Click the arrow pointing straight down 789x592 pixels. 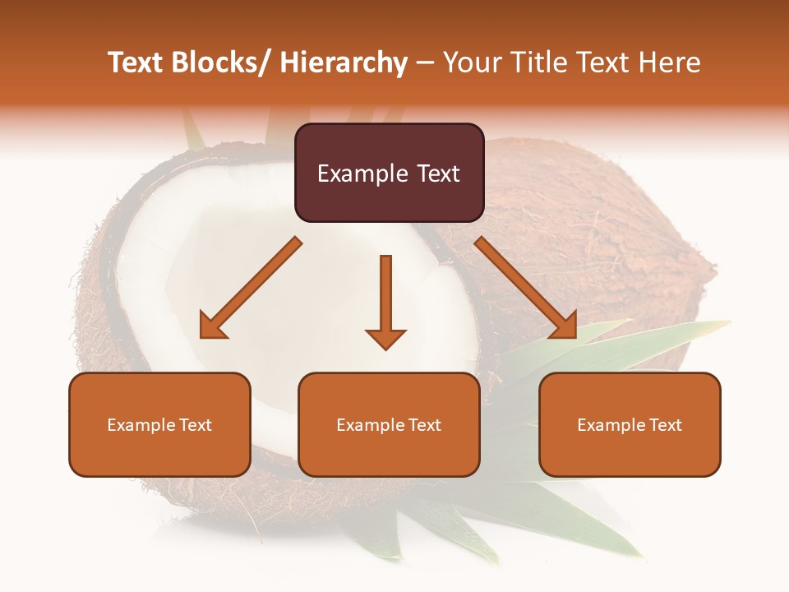(385, 300)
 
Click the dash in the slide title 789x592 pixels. (425, 63)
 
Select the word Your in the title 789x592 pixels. (472, 62)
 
